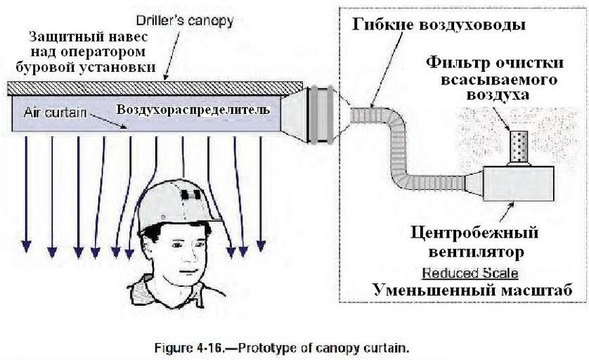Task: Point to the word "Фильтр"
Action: (457, 62)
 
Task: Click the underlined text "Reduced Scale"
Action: (470, 273)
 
